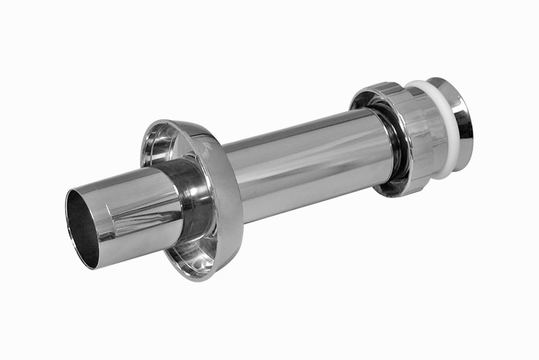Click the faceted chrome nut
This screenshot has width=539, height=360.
414,138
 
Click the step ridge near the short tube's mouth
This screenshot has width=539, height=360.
101,216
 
